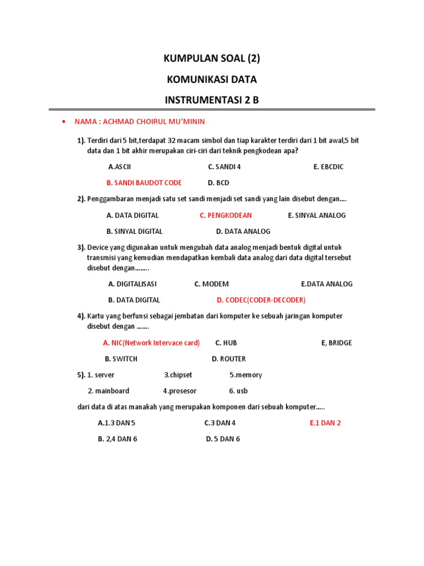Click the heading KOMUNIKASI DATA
coord(212,80)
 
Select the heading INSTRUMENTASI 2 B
coord(212,101)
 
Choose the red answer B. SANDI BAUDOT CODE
coord(144,183)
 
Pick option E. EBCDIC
coord(328,167)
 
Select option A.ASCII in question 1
coord(120,167)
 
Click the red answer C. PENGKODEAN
coord(226,216)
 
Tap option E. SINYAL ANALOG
coord(317,216)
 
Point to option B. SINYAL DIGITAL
coord(135,232)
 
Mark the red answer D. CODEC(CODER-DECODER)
coord(261,300)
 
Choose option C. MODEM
coord(211,284)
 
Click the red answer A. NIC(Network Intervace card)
coord(151,343)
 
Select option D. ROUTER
coord(229,359)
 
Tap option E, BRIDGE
coord(336,343)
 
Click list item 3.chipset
coord(178,375)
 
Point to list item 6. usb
coord(239,391)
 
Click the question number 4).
coord(81,316)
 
